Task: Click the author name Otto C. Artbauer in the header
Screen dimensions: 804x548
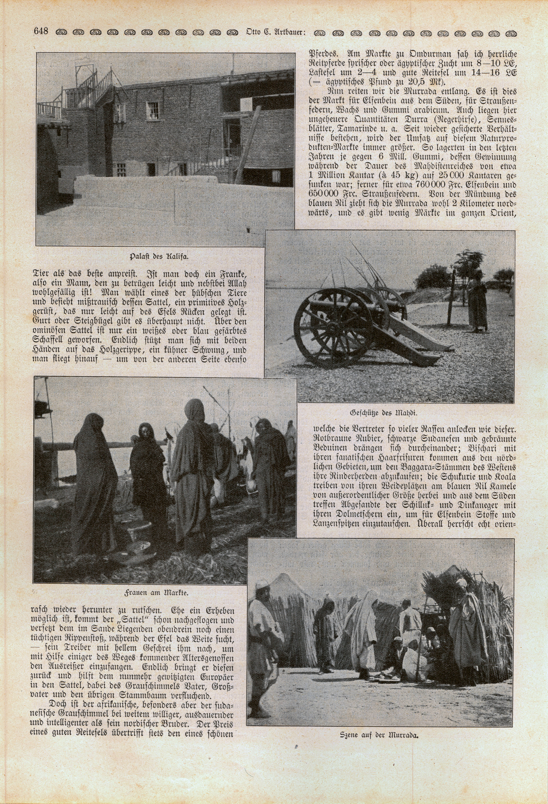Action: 275,32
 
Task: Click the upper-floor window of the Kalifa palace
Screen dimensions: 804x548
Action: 153,110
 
